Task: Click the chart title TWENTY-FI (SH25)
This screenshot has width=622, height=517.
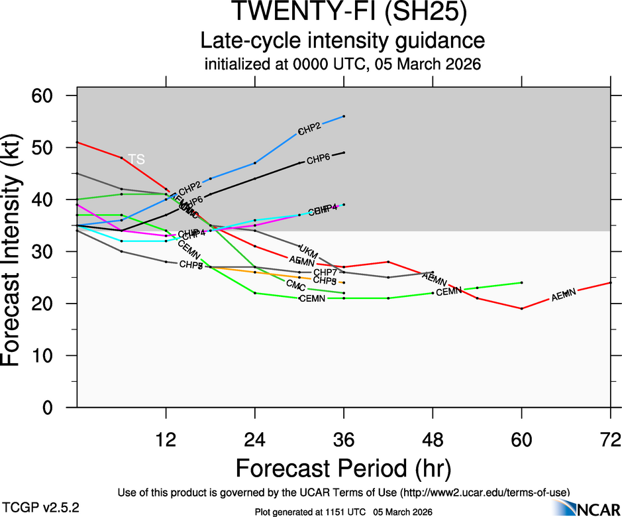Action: tap(342, 13)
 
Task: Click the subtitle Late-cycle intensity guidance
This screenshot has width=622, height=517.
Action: tap(342, 41)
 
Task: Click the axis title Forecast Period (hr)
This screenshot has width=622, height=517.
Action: tap(342, 468)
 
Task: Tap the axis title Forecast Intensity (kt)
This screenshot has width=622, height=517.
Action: tap(17, 251)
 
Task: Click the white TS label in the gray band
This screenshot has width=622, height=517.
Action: tap(136, 159)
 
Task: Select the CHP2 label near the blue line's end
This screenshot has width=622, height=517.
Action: tap(309, 129)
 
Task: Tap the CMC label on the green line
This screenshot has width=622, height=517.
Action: tap(295, 285)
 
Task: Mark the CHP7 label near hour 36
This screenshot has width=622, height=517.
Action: tap(325, 272)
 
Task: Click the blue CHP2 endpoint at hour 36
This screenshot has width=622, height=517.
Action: tap(344, 116)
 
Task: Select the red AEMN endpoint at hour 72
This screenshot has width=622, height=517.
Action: tap(610, 282)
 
